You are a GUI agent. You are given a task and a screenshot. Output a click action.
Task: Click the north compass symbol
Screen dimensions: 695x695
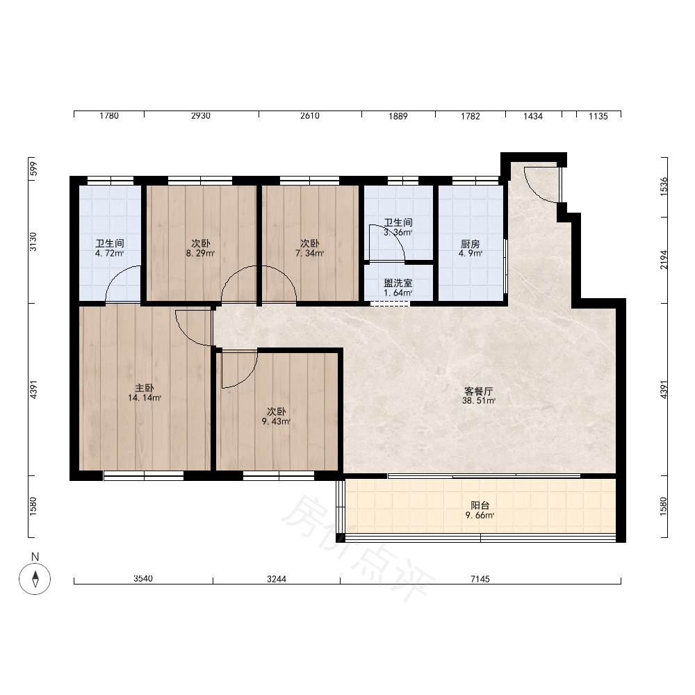[35, 578]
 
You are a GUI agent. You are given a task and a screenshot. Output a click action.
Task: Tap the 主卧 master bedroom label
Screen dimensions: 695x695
[145, 389]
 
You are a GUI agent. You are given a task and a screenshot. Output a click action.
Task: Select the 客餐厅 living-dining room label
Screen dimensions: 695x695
[479, 391]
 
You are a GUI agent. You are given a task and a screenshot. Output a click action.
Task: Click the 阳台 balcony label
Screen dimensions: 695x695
[480, 505]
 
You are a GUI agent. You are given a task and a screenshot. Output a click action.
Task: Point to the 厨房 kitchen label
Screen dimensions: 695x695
[471, 244]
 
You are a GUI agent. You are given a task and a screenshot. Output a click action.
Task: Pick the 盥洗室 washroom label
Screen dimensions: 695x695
[398, 284]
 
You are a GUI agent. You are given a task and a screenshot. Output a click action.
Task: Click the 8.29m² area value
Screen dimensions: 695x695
[200, 254]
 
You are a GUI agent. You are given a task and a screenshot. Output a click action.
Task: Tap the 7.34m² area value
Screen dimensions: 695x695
[310, 254]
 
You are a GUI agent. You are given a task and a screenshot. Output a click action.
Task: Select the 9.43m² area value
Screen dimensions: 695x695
[276, 422]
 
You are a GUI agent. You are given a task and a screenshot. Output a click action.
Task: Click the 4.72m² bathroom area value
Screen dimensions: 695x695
[110, 254]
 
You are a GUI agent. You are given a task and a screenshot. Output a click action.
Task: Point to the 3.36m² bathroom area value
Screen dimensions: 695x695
[398, 232]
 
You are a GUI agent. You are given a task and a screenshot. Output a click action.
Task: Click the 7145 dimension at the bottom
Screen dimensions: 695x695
[480, 579]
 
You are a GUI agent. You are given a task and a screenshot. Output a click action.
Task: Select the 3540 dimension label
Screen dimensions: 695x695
[143, 578]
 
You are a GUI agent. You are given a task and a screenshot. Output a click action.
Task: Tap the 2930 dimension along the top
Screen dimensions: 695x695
[201, 115]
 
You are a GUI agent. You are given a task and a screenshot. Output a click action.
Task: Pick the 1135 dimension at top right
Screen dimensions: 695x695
[598, 116]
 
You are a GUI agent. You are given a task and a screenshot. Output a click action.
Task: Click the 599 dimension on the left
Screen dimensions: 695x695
[33, 169]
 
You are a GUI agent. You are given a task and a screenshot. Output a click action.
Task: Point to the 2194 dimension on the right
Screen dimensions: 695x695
[664, 260]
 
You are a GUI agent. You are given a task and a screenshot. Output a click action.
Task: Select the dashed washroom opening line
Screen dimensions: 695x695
[390, 304]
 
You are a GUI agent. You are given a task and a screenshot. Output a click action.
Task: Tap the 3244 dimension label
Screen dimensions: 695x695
[277, 579]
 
